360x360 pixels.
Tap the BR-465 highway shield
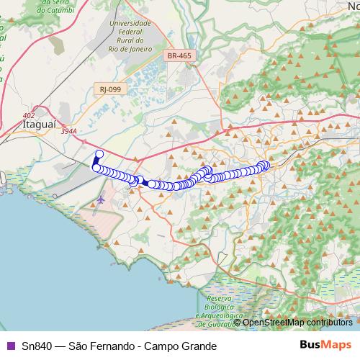click(179, 55)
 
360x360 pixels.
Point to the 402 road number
click(28, 115)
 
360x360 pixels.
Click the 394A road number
click(68, 131)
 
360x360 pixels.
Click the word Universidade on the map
click(130, 23)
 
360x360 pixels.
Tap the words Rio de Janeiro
click(130, 49)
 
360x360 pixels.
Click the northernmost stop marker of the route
click(99, 153)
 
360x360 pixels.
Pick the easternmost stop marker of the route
click(265, 165)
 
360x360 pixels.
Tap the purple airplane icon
click(100, 199)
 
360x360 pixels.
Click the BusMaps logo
click(325, 345)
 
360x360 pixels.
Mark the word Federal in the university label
click(130, 32)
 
